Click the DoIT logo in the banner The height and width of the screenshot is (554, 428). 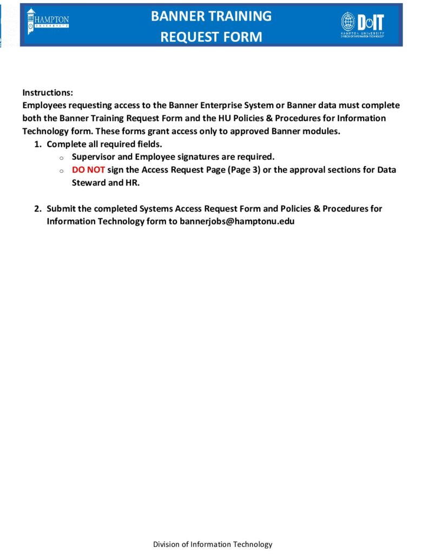(363, 23)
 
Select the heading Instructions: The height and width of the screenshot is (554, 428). (48, 93)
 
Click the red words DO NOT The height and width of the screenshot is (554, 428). (88, 170)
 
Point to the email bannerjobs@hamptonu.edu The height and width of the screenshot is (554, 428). (237, 221)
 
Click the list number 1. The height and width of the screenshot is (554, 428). (37, 144)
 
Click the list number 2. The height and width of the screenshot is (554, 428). (37, 208)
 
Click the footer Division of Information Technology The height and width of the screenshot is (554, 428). (213, 544)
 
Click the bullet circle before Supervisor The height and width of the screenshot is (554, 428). (61, 158)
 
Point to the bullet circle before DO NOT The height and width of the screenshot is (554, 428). (61, 171)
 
